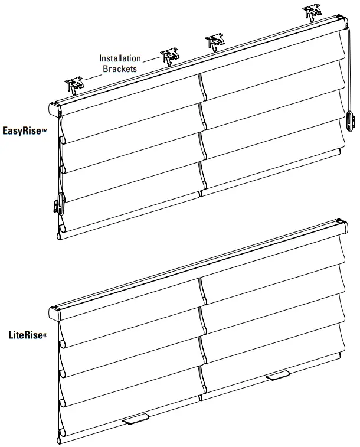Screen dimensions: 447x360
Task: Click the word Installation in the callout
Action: coord(120,58)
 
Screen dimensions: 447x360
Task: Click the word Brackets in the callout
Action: coord(120,68)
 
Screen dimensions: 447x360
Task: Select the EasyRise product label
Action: coord(23,130)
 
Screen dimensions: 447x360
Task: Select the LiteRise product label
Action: coord(24,335)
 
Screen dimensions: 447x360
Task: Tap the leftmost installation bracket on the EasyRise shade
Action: coord(74,86)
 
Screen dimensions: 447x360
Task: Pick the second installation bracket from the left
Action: coord(169,57)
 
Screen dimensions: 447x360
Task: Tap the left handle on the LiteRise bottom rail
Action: coord(135,419)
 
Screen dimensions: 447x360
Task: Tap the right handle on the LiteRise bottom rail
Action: coord(277,376)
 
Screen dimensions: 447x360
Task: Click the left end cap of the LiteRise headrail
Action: coord(55,314)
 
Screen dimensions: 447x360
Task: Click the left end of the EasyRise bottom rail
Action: coord(58,236)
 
